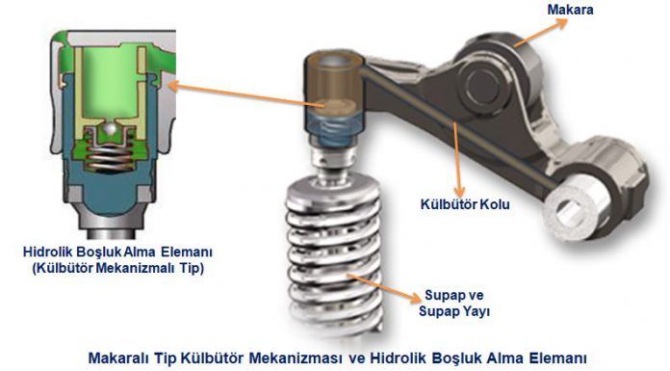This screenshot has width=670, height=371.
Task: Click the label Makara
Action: [570, 10]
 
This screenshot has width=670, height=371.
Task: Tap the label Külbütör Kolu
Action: [465, 204]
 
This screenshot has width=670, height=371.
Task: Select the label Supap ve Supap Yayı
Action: [453, 303]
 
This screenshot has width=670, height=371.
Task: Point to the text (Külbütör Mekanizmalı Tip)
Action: [118, 268]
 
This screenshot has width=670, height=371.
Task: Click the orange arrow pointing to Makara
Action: [540, 33]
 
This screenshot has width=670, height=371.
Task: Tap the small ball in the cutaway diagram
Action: [111, 129]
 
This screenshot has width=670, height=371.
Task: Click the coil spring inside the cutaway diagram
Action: [110, 157]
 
